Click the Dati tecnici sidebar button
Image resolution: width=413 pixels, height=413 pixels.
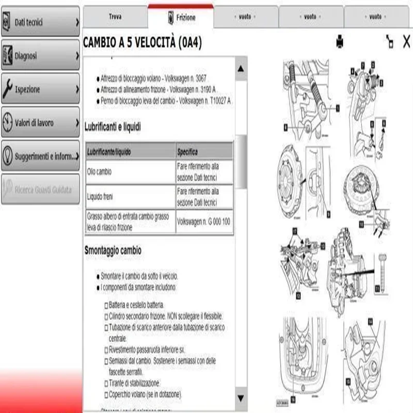(40, 22)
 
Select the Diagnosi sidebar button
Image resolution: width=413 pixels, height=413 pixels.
(40, 56)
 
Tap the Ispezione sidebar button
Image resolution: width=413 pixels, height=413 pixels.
(40, 89)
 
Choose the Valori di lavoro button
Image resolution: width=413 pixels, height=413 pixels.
(40, 123)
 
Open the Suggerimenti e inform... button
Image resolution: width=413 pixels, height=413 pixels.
(40, 156)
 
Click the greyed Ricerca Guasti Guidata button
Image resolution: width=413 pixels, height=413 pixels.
(40, 189)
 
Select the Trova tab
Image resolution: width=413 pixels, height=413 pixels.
(115, 17)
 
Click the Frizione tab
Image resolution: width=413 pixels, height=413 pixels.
(181, 18)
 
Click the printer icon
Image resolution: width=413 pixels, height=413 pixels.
(340, 41)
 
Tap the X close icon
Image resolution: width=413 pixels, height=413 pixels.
(406, 41)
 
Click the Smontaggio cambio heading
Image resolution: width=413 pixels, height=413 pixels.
(113, 250)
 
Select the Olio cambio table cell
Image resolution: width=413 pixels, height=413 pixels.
(130, 172)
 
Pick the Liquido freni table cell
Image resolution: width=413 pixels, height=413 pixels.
(130, 197)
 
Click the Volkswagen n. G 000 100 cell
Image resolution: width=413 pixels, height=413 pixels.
(203, 221)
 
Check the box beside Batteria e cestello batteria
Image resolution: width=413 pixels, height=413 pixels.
(106, 305)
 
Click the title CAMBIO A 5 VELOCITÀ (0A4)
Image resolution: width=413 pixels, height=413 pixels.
(142, 43)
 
